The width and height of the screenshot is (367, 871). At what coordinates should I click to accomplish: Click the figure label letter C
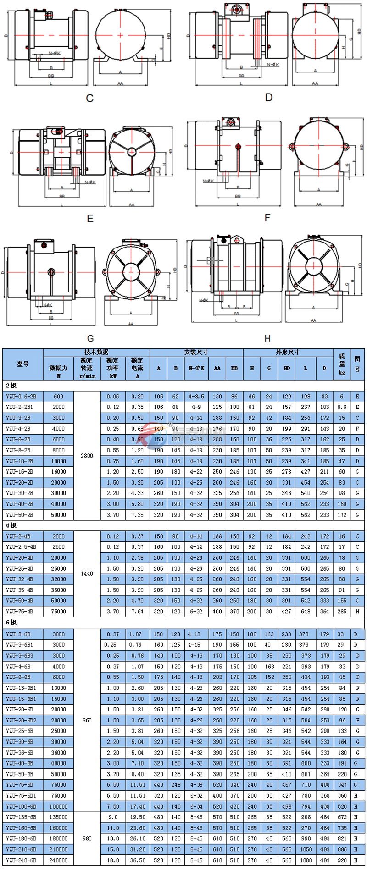tap(90, 98)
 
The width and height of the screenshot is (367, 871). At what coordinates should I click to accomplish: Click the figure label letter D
tap(269, 97)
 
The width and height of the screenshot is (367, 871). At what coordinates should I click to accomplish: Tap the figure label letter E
tap(90, 219)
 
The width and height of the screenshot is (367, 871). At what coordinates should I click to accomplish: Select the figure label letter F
tap(267, 217)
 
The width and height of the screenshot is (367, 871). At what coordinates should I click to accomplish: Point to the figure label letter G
tap(90, 338)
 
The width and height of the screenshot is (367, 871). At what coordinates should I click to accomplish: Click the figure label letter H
tap(267, 338)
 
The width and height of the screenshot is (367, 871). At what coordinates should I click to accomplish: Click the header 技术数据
tap(96, 352)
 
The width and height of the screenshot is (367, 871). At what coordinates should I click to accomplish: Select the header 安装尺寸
tap(196, 352)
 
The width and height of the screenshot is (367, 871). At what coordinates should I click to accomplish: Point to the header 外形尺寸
tap(288, 352)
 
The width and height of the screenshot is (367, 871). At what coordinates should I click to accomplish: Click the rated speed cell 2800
tap(87, 456)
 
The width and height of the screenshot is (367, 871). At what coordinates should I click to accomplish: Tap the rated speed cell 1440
tap(87, 573)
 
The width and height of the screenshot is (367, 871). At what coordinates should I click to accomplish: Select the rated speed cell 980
tap(87, 838)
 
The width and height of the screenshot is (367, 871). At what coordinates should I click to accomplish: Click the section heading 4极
tap(11, 525)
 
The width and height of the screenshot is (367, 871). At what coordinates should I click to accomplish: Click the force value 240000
tap(58, 860)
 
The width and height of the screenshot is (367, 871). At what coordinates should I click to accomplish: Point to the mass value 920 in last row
tap(342, 860)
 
